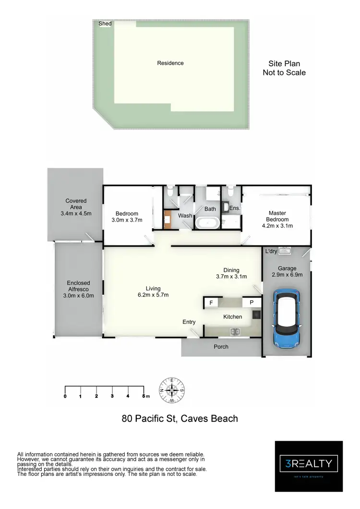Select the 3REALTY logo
pos(309,464)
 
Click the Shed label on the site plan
pos(105,24)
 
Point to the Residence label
pos(170,63)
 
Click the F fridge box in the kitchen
pos(211,303)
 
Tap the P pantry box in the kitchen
pos(251,303)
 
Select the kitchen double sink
pos(235,331)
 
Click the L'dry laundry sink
pos(285,251)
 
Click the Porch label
pos(221,347)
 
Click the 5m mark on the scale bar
pos(144,396)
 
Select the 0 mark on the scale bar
pos(65,396)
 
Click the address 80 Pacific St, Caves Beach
pos(180,418)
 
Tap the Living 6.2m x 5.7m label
pos(153,292)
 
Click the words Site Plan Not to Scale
pos(284,68)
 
